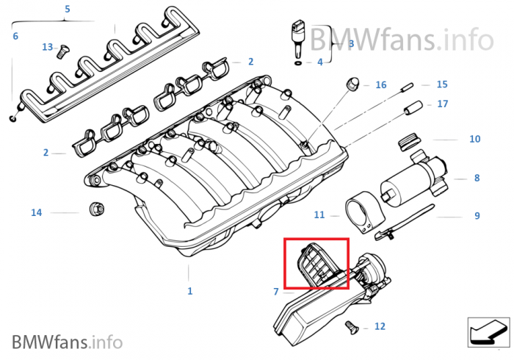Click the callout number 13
(47, 47)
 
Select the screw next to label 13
(61, 52)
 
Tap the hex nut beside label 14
(97, 209)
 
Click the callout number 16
(380, 85)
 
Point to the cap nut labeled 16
(352, 83)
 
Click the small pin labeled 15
(407, 87)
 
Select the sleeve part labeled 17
(413, 107)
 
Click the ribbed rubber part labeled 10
(409, 142)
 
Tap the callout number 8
(477, 178)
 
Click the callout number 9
(477, 216)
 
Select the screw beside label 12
(352, 328)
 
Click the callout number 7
(276, 292)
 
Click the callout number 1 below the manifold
(189, 291)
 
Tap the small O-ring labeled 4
(298, 62)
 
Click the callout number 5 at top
(68, 9)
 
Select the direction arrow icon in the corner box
(488, 332)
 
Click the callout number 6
(15, 36)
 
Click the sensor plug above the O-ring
(297, 40)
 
